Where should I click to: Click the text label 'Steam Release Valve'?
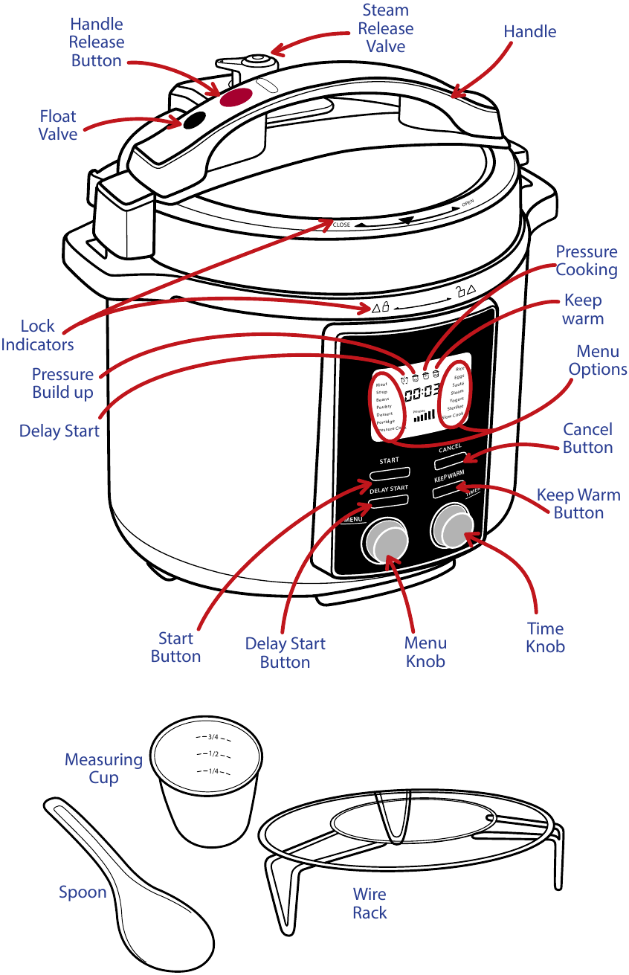[x=385, y=28]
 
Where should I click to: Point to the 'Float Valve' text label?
[x=58, y=125]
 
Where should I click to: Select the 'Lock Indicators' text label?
[x=37, y=335]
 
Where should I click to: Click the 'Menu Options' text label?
[x=598, y=360]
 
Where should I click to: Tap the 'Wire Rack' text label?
[x=370, y=903]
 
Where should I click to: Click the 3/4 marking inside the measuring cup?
[x=213, y=737]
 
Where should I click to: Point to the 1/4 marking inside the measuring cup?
[x=213, y=771]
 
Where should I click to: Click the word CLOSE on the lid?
[x=341, y=225]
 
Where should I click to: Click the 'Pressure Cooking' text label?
[x=587, y=260]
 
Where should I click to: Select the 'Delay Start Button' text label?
[x=285, y=652]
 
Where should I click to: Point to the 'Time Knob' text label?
[x=545, y=637]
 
